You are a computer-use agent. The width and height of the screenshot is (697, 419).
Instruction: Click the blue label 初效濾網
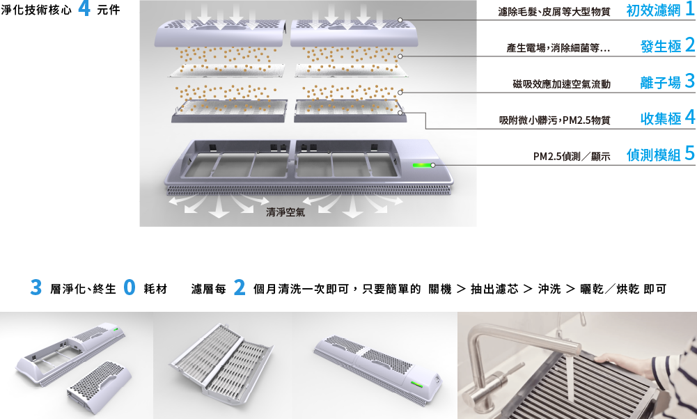(653, 10)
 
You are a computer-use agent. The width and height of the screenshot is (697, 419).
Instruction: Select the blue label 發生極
(661, 47)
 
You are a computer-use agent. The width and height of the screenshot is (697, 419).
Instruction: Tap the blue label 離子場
(661, 83)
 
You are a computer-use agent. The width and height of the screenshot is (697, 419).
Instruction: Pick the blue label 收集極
(661, 118)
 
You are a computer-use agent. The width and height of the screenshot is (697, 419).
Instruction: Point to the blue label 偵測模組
(653, 155)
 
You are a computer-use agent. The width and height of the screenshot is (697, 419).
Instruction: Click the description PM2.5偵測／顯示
(572, 157)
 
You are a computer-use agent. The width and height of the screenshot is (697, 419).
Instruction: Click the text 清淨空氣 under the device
(285, 212)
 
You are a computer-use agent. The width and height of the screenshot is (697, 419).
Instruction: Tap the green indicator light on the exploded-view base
(421, 165)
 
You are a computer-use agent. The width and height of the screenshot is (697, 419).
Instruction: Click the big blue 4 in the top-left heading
(84, 8)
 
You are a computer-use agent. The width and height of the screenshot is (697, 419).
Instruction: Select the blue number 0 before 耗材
(130, 287)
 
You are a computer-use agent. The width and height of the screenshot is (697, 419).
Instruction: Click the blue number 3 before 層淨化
(36, 287)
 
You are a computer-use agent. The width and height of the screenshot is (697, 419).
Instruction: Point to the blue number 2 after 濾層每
(239, 287)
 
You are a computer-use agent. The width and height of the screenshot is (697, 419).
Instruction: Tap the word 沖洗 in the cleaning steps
(549, 290)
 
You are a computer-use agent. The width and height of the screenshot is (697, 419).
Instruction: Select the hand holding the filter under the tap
(614, 359)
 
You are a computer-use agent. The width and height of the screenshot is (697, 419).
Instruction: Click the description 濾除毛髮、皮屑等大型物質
(554, 12)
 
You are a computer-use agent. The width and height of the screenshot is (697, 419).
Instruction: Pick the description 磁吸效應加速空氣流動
(561, 84)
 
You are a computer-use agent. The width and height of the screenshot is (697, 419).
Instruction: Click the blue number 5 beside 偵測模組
(689, 153)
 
